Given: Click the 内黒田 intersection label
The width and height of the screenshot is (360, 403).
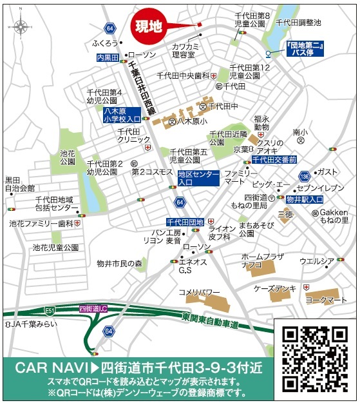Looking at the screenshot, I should tap(108, 58).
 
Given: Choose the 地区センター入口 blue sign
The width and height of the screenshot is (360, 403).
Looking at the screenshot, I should tap(198, 179).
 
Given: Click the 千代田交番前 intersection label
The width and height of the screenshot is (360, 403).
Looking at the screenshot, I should tap(274, 159).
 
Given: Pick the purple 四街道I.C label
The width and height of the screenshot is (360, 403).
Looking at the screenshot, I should tap(93, 309).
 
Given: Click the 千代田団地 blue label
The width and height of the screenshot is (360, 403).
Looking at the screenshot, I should tap(185, 222).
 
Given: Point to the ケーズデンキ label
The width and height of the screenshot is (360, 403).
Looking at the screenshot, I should tap(275, 288).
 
